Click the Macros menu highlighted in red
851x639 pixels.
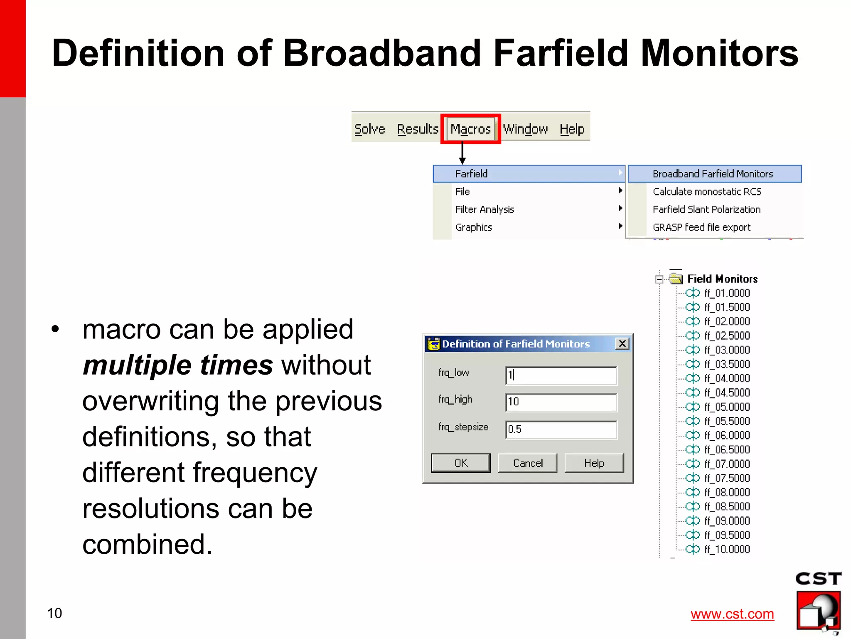tap(470, 129)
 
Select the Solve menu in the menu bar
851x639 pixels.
tap(369, 129)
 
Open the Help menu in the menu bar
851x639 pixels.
tap(572, 129)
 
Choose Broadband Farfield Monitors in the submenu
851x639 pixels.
tap(713, 174)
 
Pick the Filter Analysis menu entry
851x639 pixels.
tap(485, 210)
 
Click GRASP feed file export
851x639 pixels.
tap(701, 227)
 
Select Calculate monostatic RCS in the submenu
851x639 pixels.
tap(707, 192)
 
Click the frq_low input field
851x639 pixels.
tap(561, 375)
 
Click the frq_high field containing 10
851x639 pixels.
tap(561, 402)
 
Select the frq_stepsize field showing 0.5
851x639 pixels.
tap(561, 429)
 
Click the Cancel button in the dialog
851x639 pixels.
tap(527, 463)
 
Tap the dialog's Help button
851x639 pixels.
tap(594, 463)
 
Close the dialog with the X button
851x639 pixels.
tap(622, 344)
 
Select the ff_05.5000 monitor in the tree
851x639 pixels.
tap(727, 421)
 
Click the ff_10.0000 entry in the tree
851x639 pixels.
tap(727, 549)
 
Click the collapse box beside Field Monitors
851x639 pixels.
tap(659, 279)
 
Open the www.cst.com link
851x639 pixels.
tap(732, 614)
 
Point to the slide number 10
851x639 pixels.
tap(54, 613)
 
